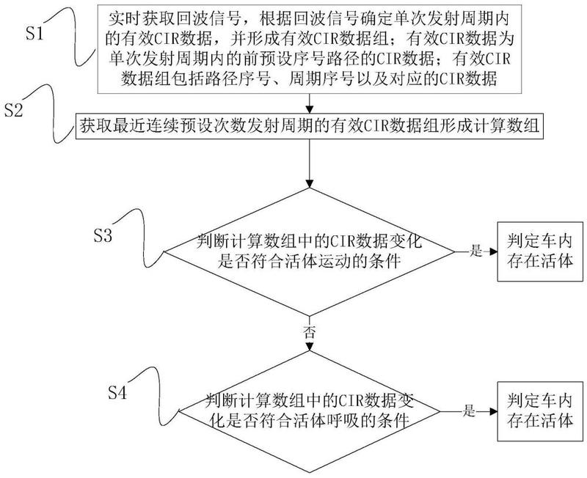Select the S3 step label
[103, 236]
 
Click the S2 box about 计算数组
[310, 128]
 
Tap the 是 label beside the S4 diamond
[470, 411]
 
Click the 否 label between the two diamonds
[310, 332]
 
